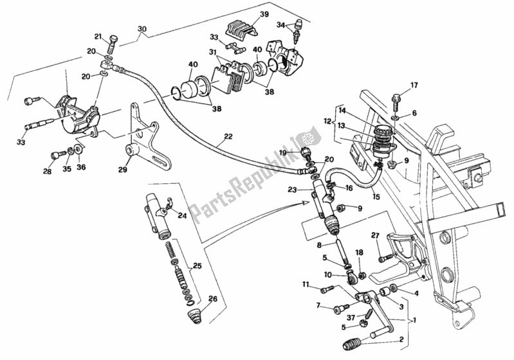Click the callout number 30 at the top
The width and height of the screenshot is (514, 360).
click(142, 29)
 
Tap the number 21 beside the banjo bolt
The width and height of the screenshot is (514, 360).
click(98, 36)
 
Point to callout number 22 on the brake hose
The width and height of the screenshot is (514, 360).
click(228, 136)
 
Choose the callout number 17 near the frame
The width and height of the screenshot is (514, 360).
click(414, 85)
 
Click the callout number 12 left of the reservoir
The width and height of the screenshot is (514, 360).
click(327, 121)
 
